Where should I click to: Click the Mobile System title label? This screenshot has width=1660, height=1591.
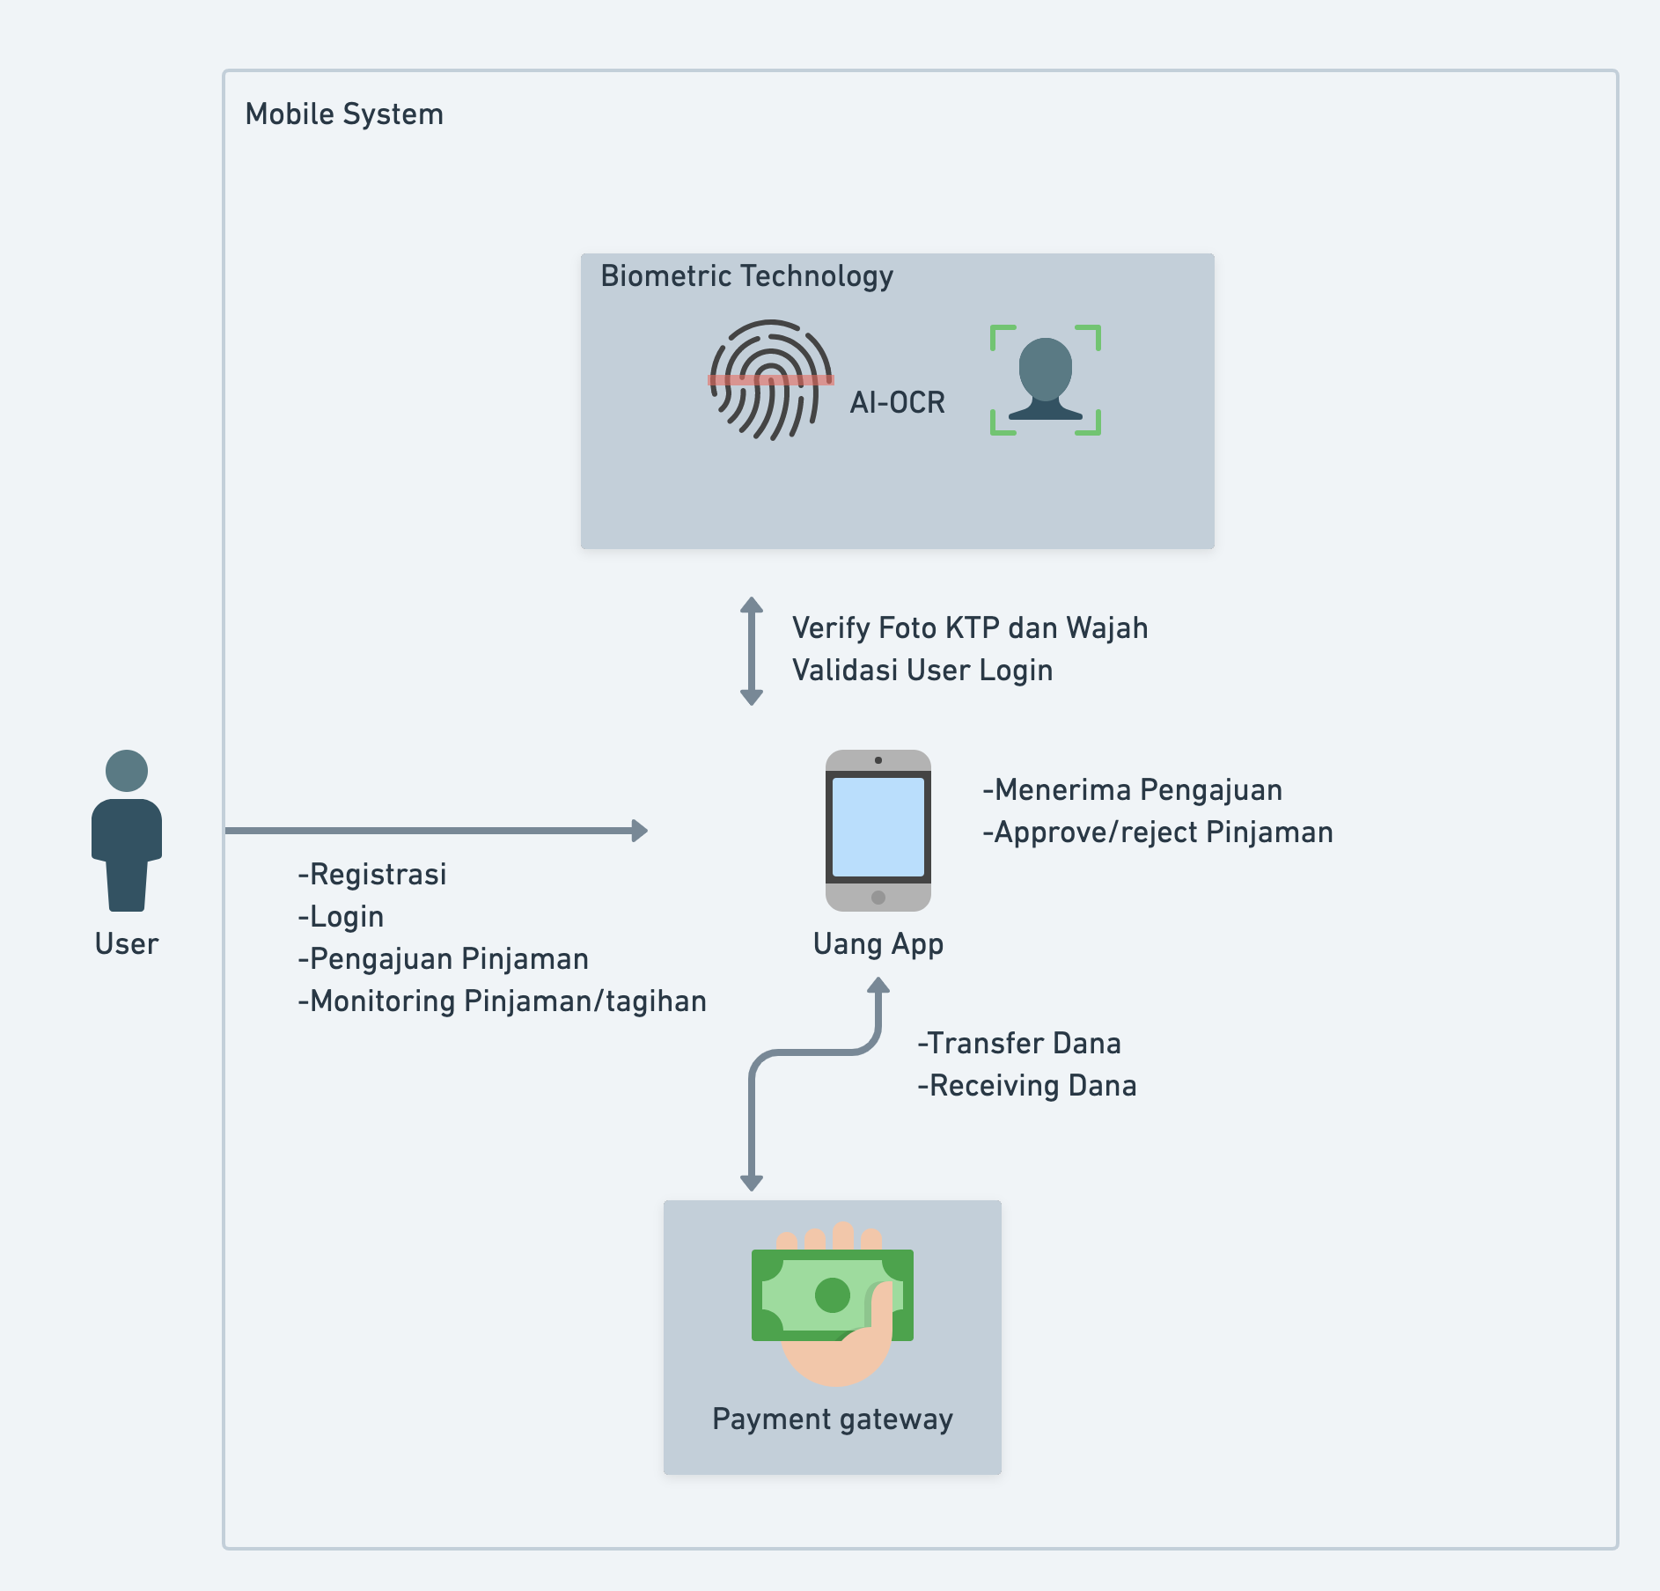point(344,114)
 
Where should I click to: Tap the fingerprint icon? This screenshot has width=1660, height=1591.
point(771,380)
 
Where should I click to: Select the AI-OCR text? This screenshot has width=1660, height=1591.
point(897,403)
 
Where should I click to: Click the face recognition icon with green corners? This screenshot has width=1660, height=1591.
point(1045,380)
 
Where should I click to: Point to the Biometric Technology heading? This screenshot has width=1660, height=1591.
point(746,276)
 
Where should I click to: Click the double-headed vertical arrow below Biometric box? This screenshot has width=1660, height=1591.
point(751,651)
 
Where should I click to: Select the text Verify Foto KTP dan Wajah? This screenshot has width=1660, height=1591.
point(969,628)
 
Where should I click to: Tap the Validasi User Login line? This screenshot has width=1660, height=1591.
point(922,671)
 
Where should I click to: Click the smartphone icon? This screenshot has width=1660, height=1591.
point(878,830)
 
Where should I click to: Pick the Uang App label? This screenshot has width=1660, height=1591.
point(878,944)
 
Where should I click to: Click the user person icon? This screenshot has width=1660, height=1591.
point(127,830)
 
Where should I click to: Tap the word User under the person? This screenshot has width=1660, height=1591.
point(127,944)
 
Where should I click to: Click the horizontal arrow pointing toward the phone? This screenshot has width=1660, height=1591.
point(437,830)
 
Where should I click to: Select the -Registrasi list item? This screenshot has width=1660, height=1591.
point(372,875)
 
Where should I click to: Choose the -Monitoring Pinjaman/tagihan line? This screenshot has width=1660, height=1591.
point(502,1001)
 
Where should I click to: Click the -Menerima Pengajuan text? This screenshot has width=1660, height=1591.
point(1132,790)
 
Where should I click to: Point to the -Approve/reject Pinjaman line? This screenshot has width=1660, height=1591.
point(1157,832)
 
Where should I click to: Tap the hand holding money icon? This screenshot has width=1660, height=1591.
point(833,1302)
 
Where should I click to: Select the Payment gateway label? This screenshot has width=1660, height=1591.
point(833,1419)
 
